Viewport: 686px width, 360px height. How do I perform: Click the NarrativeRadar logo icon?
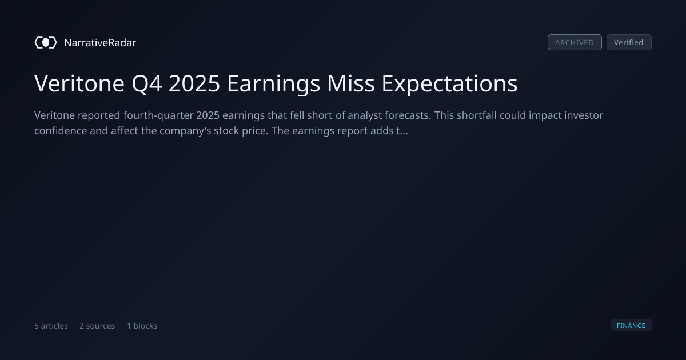point(46,42)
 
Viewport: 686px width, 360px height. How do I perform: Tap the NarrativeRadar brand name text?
point(100,42)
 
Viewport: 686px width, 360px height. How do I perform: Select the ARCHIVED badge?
point(575,42)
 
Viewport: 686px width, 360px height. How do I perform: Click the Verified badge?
point(629,42)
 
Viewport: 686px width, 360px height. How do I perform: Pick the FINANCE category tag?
point(631,325)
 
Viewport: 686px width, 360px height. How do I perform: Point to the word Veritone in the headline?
point(79,83)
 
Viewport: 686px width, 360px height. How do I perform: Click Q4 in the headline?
point(147,84)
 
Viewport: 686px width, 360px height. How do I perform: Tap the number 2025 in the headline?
point(194,83)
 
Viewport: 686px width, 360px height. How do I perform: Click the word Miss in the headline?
point(350,83)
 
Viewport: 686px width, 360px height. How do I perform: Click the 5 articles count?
point(51,326)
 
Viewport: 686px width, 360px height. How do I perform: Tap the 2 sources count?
point(97,326)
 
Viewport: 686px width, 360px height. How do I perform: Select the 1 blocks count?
point(142,326)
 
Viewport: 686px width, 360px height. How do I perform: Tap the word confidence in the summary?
point(61,131)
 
